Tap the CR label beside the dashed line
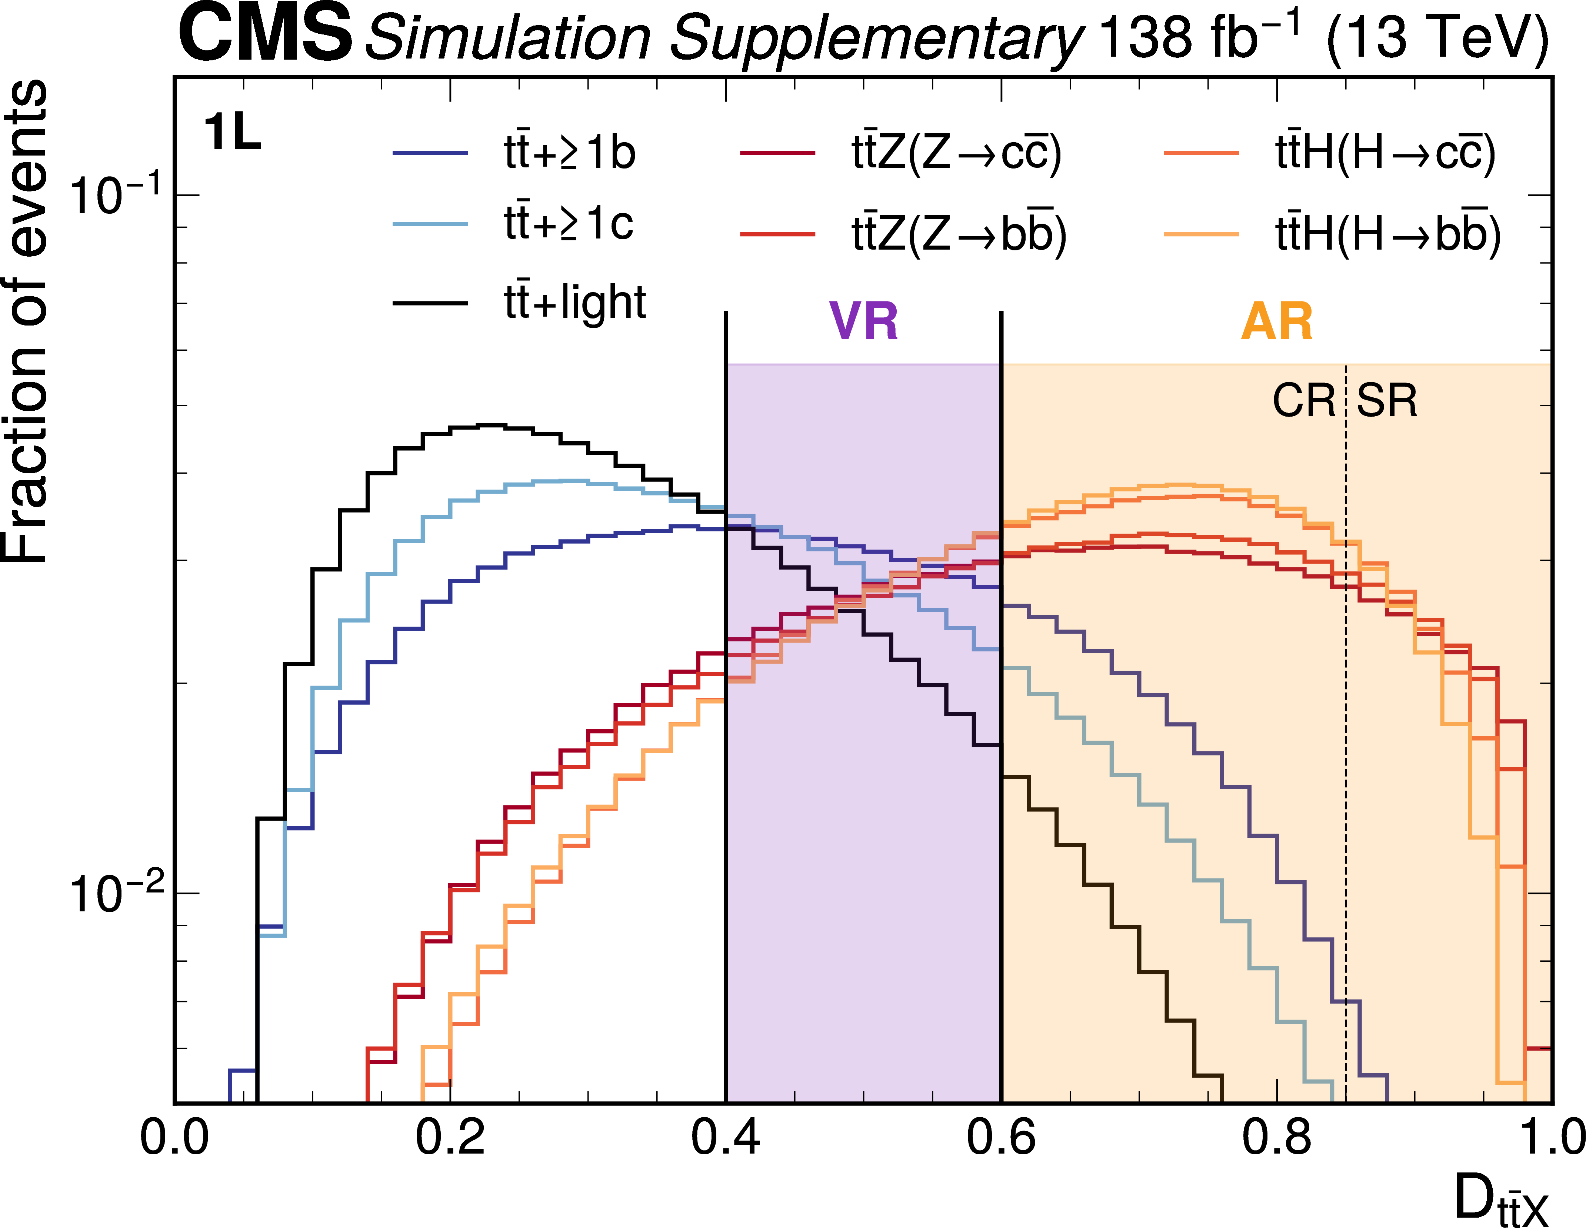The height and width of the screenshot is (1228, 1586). pos(1303,400)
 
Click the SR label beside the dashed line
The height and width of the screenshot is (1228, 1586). pos(1387,400)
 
